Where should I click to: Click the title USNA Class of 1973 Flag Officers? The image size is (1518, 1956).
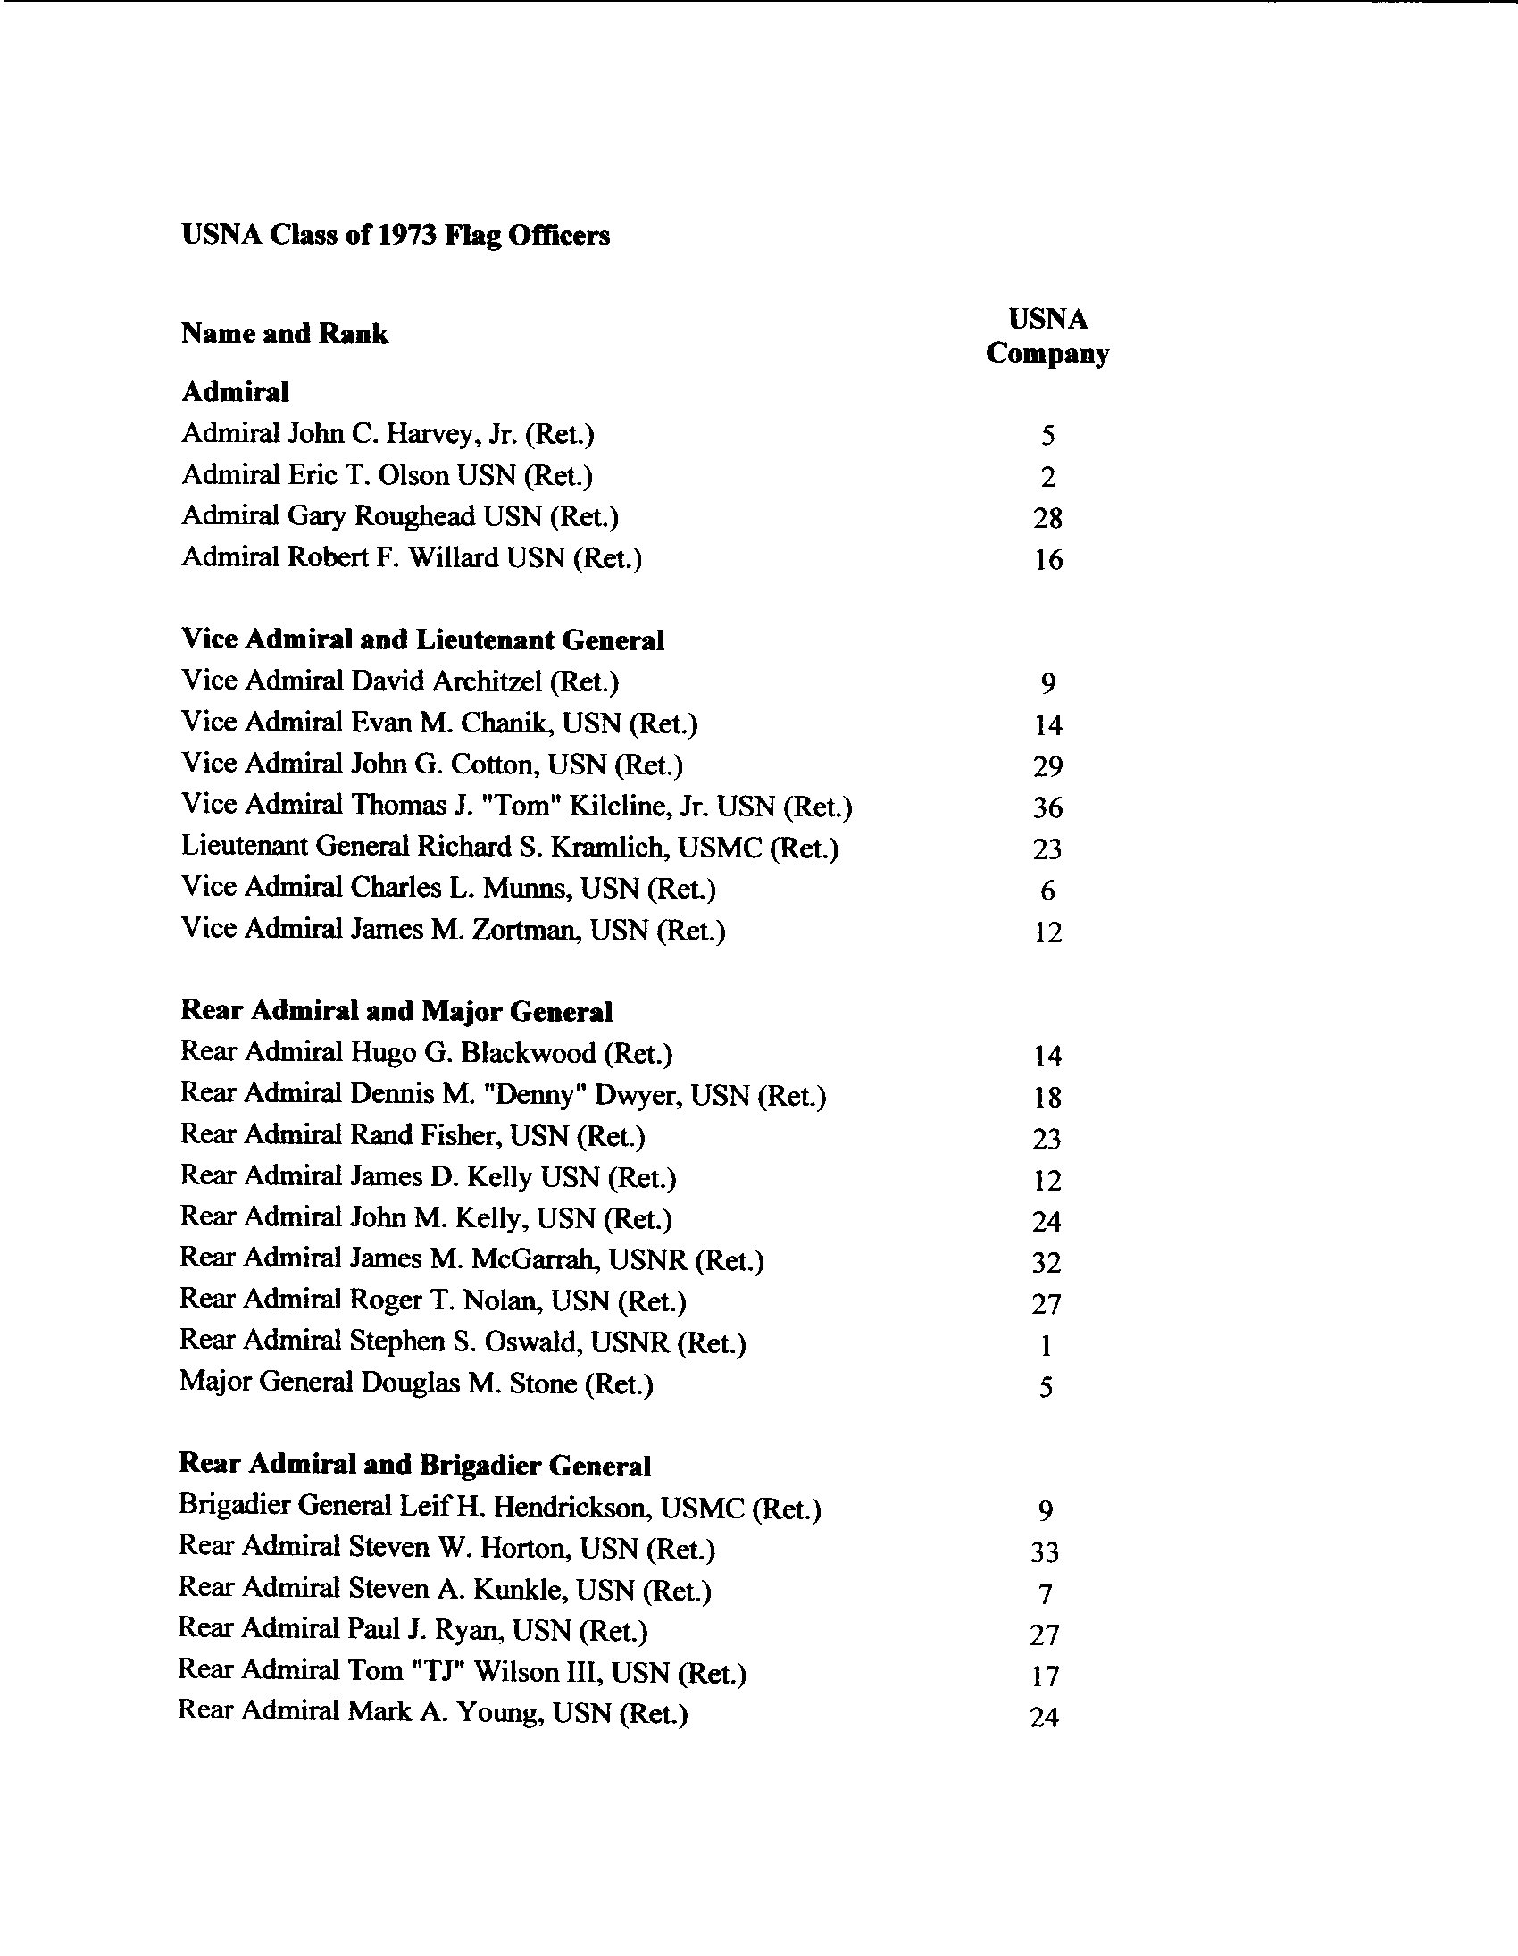pos(395,236)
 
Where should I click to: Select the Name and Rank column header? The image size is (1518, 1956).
pos(285,334)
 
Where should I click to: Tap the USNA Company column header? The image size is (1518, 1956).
pos(1047,337)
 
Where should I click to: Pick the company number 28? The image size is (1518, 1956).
pos(1047,519)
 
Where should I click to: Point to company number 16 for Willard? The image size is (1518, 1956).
pos(1047,560)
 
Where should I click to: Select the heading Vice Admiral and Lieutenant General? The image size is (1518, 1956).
pos(422,640)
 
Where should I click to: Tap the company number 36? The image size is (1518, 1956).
pos(1047,807)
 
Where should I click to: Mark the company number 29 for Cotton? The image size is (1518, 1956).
pos(1047,766)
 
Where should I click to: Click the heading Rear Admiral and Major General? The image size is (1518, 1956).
pos(396,1011)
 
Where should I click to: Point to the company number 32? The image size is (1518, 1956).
pos(1046,1263)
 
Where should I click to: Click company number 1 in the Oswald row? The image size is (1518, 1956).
pos(1046,1345)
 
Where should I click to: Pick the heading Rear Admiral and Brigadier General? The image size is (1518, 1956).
pos(414,1466)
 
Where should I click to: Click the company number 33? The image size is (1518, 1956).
pos(1045,1552)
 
